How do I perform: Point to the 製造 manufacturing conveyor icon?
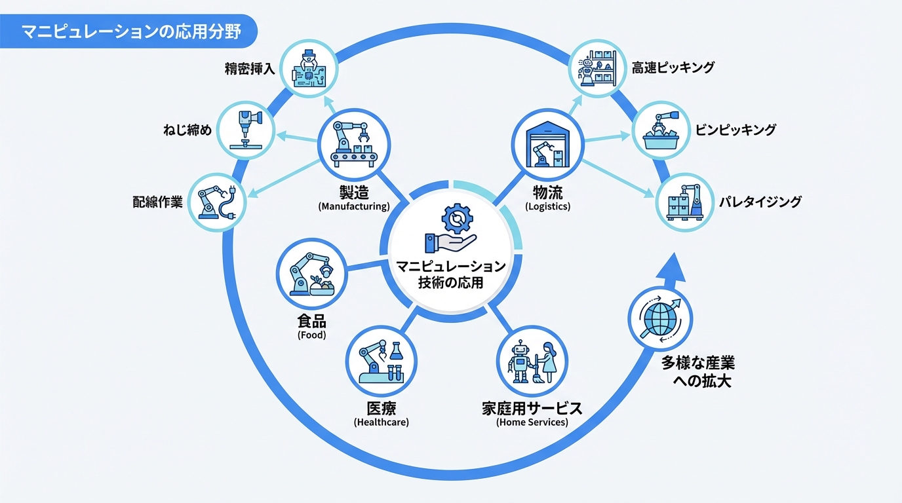click(x=353, y=144)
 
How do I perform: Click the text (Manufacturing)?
click(x=354, y=206)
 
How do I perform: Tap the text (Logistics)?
click(x=548, y=206)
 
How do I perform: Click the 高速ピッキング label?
click(x=673, y=67)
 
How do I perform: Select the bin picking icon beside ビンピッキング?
click(x=660, y=129)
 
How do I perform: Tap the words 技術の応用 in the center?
click(x=451, y=284)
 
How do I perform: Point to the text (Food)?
click(x=311, y=335)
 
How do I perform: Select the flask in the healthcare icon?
click(x=396, y=351)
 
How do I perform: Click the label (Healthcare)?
click(x=381, y=422)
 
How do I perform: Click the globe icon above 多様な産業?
click(x=660, y=319)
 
